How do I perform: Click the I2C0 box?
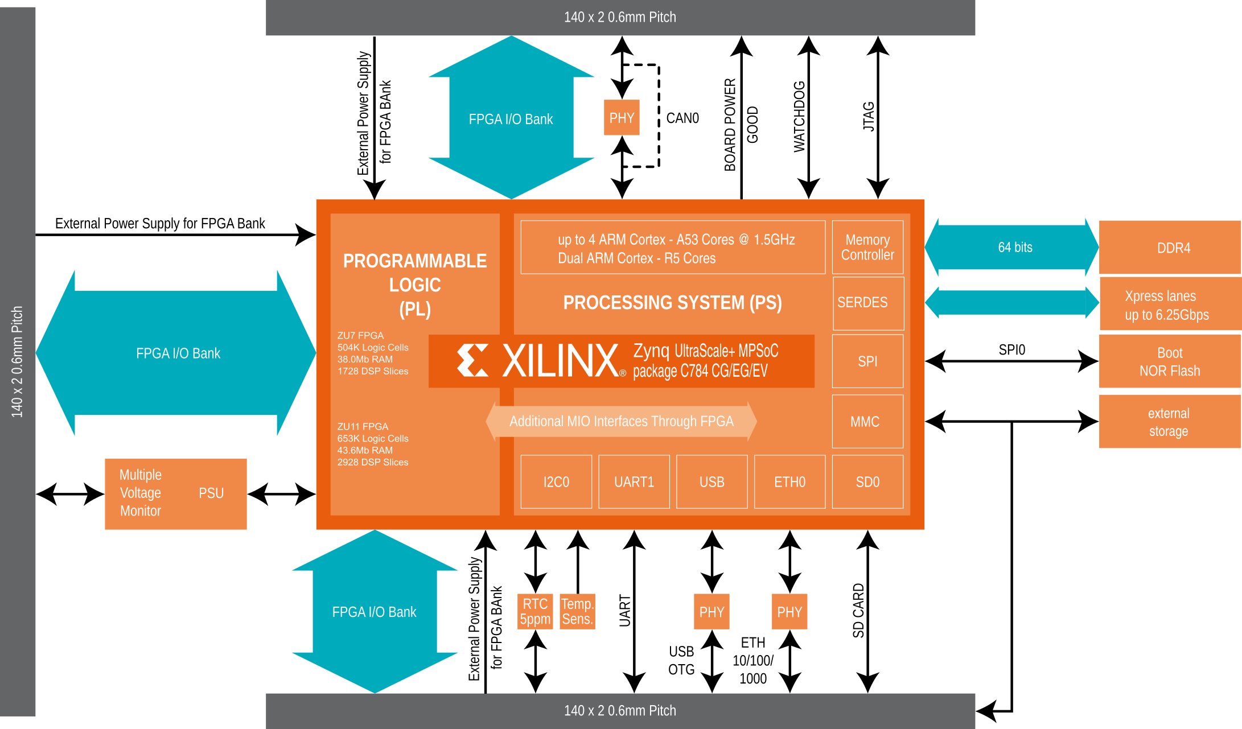tap(556, 481)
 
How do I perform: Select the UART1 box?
tap(634, 481)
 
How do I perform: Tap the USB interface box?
tap(712, 481)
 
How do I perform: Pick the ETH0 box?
tap(789, 481)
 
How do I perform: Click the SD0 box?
tap(867, 481)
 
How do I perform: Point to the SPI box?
tap(867, 361)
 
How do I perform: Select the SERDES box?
tap(868, 303)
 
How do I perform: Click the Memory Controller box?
tap(867, 247)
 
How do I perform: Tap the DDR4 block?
tap(1170, 248)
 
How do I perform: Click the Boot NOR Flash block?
tap(1170, 361)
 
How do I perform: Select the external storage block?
tap(1170, 422)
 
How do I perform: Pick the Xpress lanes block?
tap(1170, 304)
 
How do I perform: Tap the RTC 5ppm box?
tap(535, 611)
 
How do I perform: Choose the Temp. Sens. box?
tap(577, 611)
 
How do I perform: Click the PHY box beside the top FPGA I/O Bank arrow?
tap(622, 118)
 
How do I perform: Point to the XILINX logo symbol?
tap(472, 360)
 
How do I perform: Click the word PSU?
tap(211, 493)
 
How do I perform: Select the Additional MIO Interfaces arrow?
tap(621, 421)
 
